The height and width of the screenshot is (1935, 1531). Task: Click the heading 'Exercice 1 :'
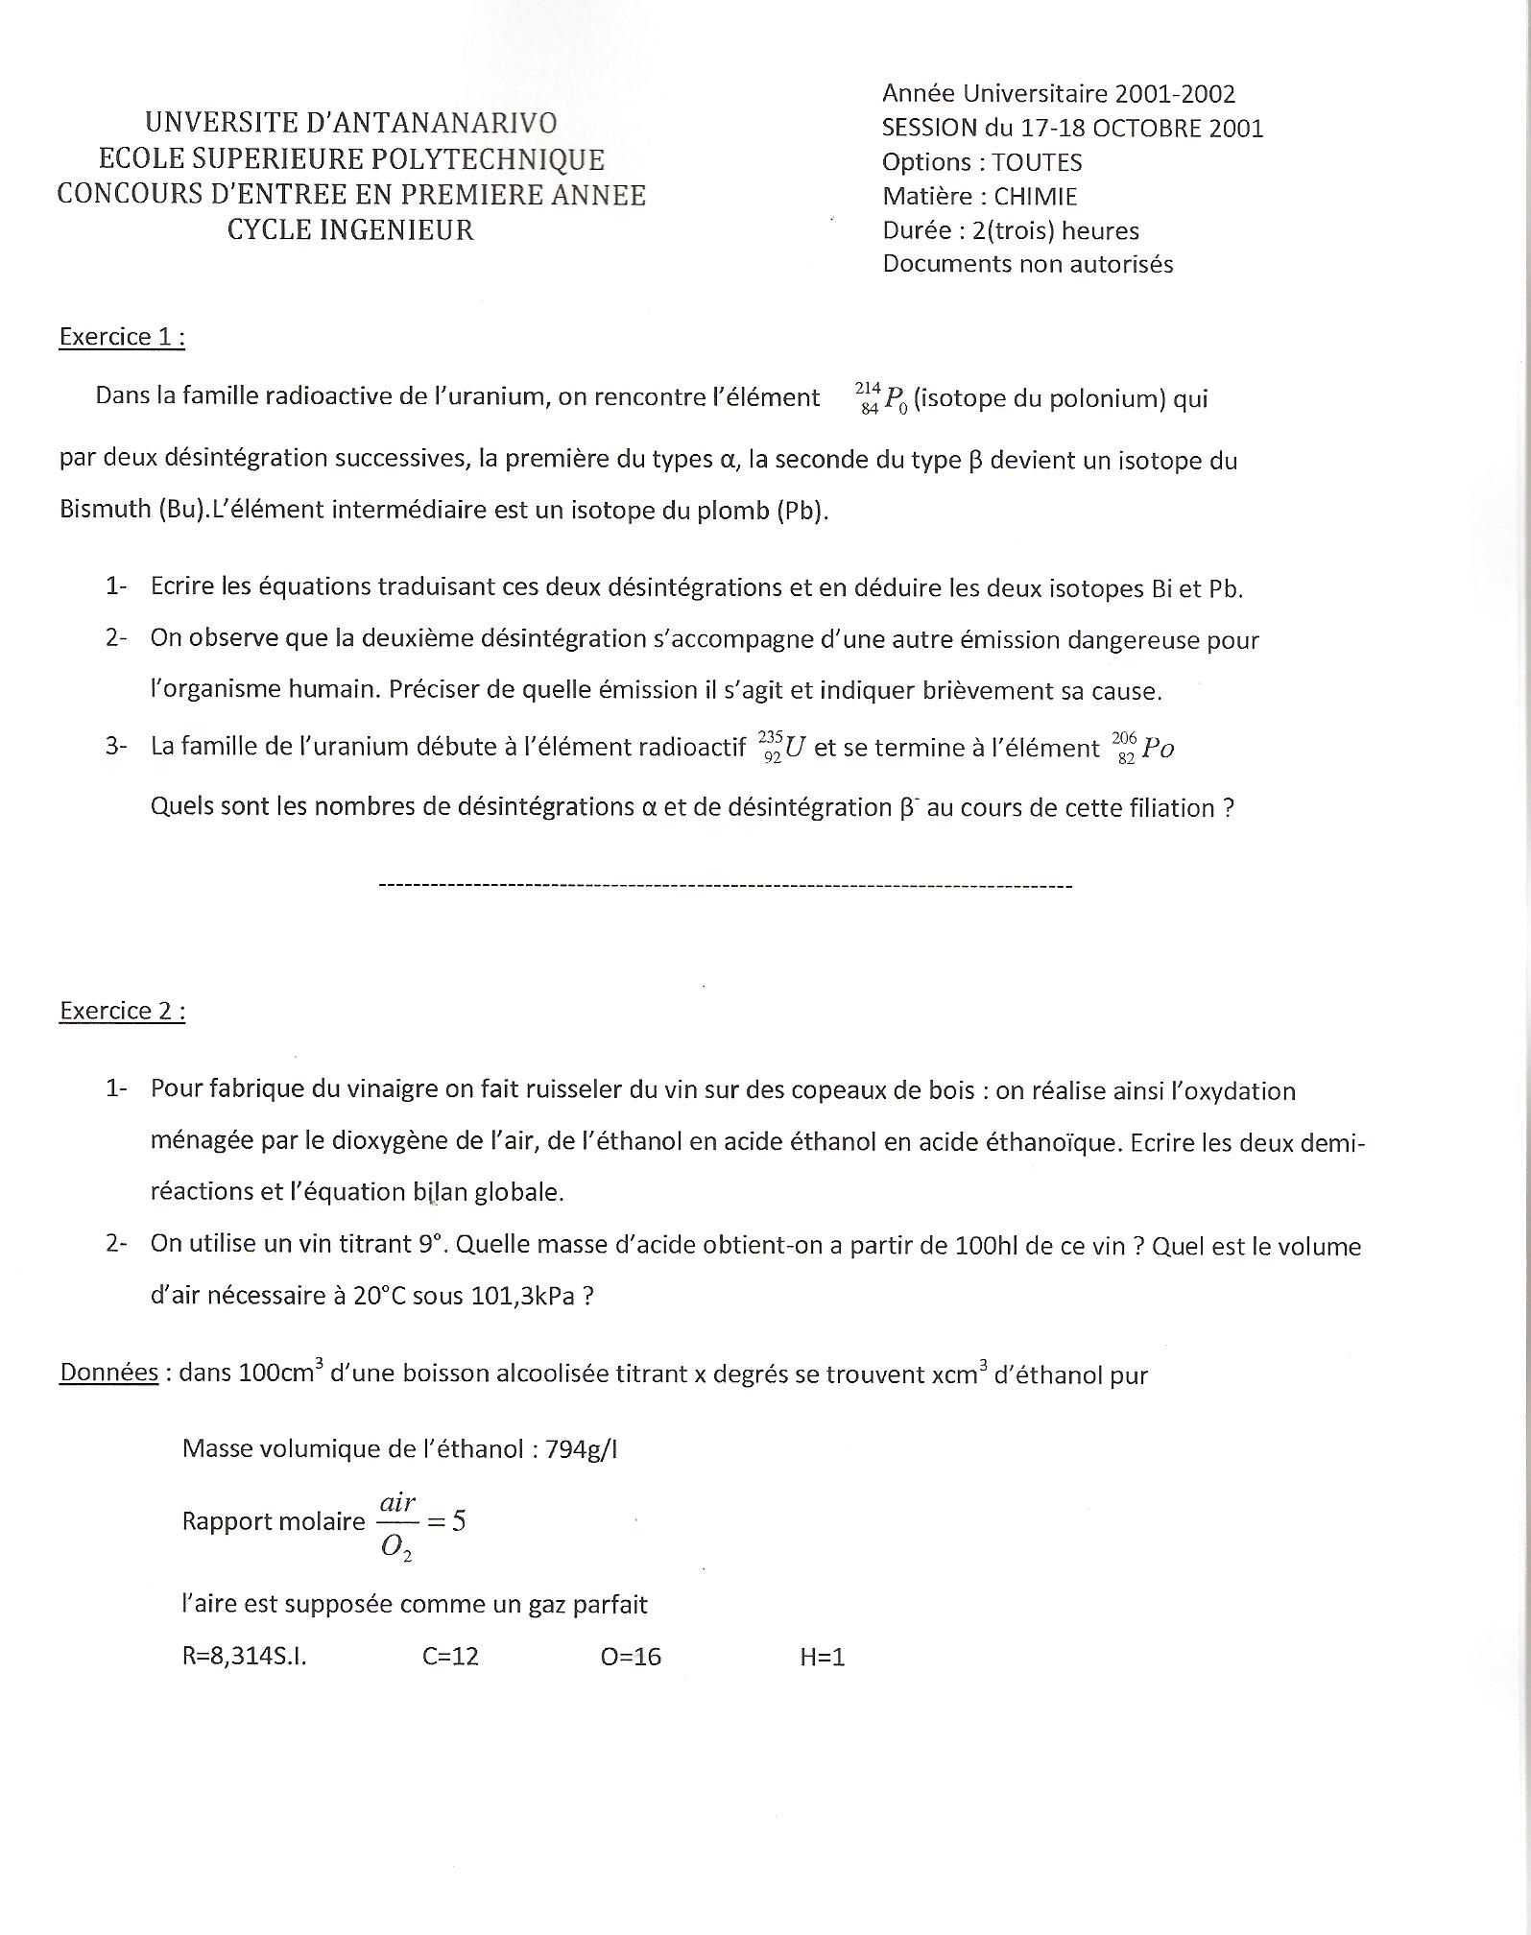pyautogui.click(x=122, y=337)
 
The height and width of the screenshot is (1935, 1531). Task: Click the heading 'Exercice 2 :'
pyautogui.click(x=122, y=1011)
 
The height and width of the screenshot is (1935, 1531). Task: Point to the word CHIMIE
pyautogui.click(x=1036, y=197)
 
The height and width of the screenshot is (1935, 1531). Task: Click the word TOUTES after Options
pyautogui.click(x=1037, y=162)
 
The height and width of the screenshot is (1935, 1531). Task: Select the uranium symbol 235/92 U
pyautogui.click(x=781, y=747)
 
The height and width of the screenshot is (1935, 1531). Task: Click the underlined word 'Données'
pyautogui.click(x=108, y=1373)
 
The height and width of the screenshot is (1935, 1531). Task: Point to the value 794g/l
pyautogui.click(x=581, y=1448)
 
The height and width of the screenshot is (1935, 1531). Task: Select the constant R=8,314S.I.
pyautogui.click(x=244, y=1657)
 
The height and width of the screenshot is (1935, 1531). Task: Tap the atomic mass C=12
pyautogui.click(x=450, y=1657)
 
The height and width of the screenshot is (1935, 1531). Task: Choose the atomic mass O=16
pyautogui.click(x=631, y=1657)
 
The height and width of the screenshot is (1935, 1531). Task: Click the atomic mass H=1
pyautogui.click(x=822, y=1657)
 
